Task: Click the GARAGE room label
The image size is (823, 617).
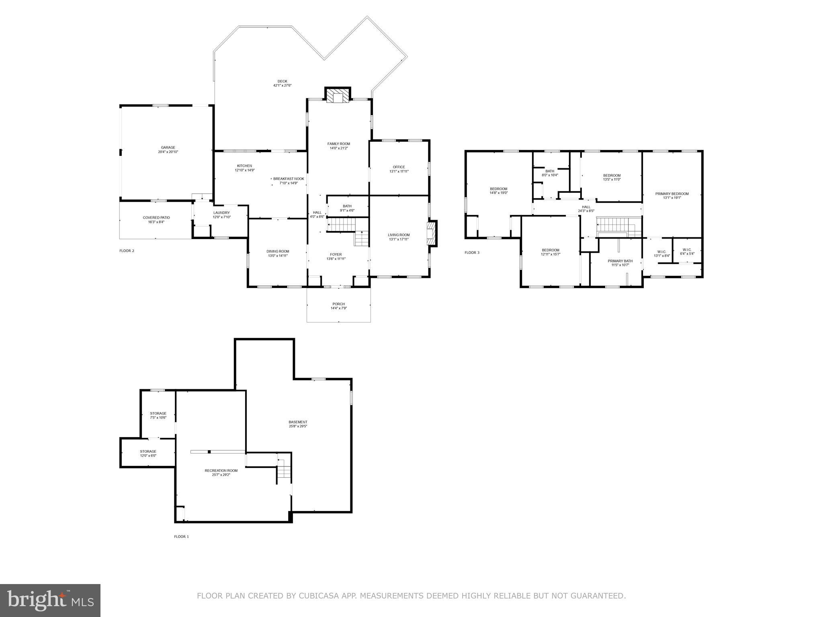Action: pos(168,148)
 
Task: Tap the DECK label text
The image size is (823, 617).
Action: pos(283,81)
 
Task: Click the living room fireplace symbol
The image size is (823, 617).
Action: pos(431,233)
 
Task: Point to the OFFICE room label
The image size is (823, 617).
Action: pos(399,167)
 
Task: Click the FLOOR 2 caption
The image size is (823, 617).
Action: pos(127,251)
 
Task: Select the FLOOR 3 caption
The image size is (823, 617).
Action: pos(472,253)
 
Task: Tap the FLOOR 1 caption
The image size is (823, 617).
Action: pos(181,537)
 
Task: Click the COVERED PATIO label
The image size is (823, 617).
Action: pos(156,218)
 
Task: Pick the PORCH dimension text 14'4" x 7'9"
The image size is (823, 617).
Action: pos(338,308)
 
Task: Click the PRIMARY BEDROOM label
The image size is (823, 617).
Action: pos(672,194)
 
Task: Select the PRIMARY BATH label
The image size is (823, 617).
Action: pos(620,261)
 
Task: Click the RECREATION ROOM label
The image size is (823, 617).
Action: pos(221,470)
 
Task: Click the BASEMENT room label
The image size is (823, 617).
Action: pos(298,422)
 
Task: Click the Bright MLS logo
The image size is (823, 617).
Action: pos(50,600)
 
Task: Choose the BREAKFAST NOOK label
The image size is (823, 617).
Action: pos(289,179)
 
